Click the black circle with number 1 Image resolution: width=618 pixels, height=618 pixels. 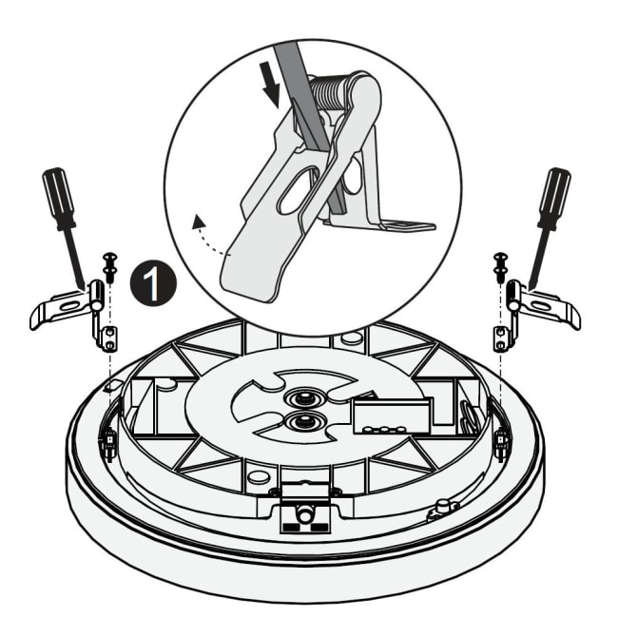tap(153, 282)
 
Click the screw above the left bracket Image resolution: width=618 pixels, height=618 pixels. tap(109, 267)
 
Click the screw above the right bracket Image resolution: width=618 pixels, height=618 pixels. tap(500, 267)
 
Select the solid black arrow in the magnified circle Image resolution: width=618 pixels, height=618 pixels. tap(270, 85)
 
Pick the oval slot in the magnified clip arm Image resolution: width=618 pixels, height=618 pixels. tap(299, 189)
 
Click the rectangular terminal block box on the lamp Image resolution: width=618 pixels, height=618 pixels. tap(392, 415)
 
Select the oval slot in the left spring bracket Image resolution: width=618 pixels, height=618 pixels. tap(71, 305)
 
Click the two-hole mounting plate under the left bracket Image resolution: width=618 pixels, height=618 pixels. tap(108, 338)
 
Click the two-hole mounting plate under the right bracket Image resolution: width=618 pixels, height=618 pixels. tap(500, 338)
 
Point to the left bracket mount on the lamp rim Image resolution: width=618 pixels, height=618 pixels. tap(108, 444)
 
